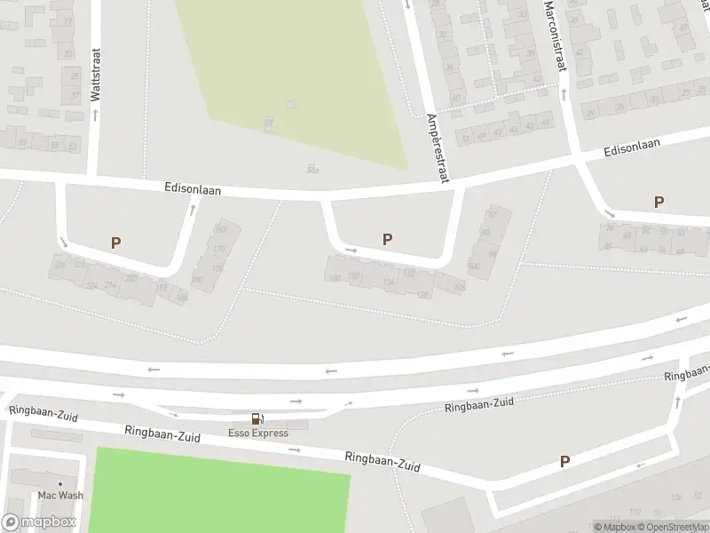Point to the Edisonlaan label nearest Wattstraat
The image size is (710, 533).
click(x=192, y=189)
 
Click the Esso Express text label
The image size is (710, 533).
click(x=258, y=434)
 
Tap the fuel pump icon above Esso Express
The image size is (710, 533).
click(x=257, y=418)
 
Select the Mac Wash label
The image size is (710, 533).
click(x=59, y=495)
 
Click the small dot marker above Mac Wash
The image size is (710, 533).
click(x=59, y=484)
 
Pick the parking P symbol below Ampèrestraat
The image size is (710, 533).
click(x=387, y=239)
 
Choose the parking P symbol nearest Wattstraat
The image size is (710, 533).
click(x=115, y=242)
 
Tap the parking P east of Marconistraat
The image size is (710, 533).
click(x=659, y=202)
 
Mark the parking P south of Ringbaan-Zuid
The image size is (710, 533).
click(x=564, y=461)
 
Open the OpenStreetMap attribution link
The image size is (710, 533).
click(x=675, y=527)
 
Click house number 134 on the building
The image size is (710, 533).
click(x=388, y=282)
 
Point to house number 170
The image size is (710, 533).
click(x=219, y=249)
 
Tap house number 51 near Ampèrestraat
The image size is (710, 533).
click(x=464, y=139)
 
